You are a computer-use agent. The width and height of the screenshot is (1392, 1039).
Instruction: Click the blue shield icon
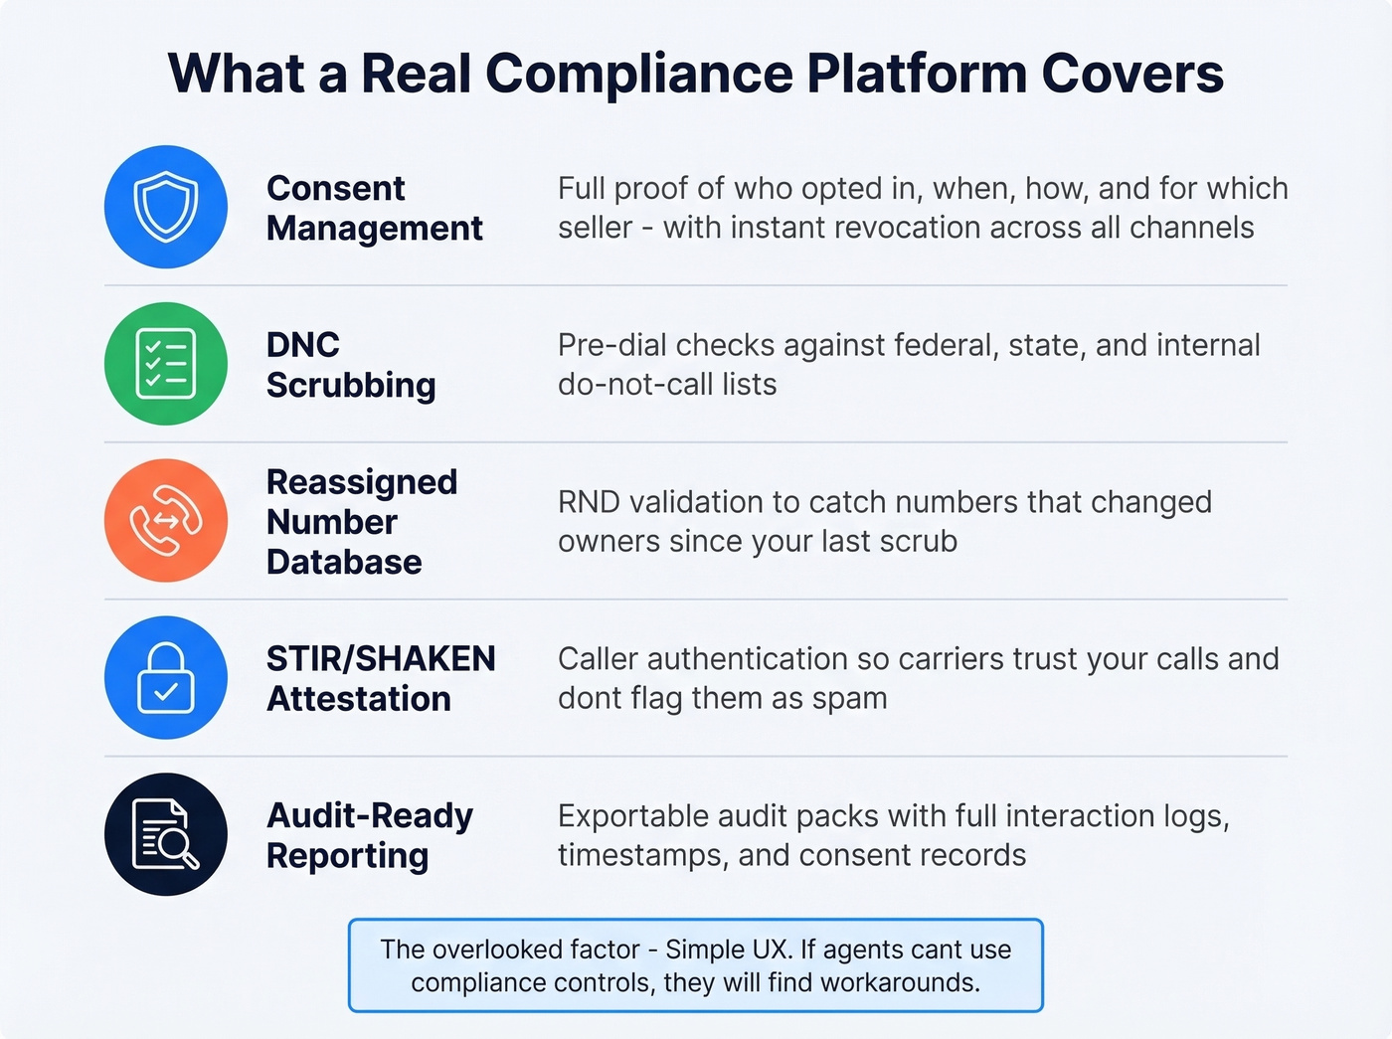166,207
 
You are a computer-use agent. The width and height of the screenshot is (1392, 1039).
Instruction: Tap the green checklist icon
166,364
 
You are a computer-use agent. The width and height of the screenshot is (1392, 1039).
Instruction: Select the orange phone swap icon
166,521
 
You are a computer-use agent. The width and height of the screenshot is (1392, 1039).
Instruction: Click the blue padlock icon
166,678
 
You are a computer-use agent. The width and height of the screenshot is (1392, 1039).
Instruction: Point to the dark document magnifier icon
166,834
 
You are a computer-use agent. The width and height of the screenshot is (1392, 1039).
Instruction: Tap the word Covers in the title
1132,74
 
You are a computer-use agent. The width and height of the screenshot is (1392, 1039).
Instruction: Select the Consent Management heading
374,208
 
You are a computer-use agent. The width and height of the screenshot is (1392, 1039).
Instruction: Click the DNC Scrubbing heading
350,365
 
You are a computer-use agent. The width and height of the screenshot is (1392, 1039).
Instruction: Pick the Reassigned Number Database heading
361,522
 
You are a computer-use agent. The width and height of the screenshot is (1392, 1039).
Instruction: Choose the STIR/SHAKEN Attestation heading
380,678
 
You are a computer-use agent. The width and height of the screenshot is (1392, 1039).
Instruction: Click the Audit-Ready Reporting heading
369,835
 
